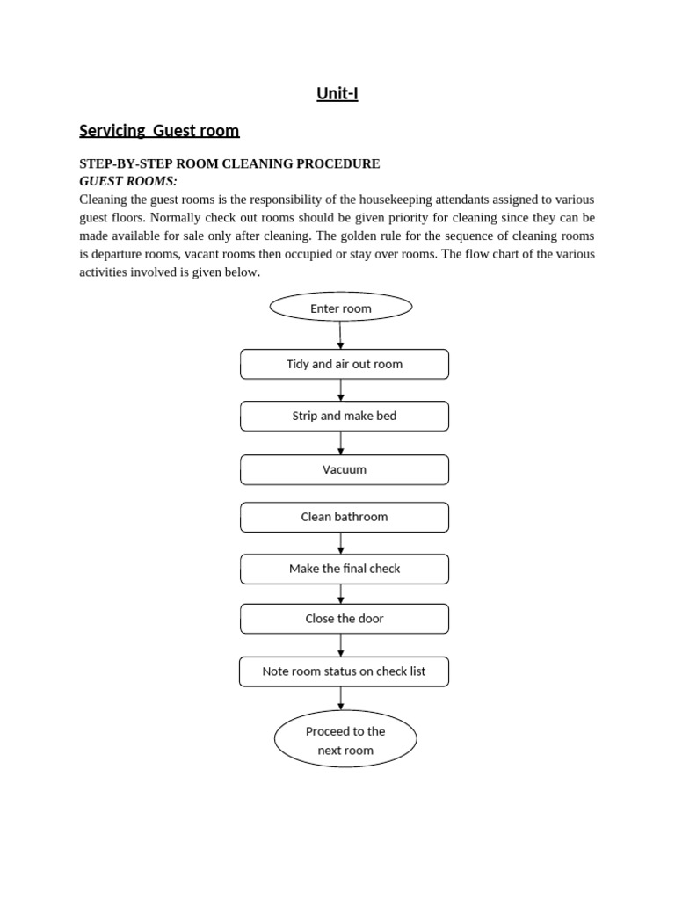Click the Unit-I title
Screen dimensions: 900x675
(x=337, y=93)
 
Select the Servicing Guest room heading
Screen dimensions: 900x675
(x=159, y=131)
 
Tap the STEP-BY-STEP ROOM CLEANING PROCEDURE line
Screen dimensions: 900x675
(x=229, y=163)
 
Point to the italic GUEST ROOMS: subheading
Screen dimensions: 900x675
(x=128, y=181)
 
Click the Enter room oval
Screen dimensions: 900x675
(x=341, y=308)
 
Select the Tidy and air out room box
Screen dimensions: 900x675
(x=345, y=364)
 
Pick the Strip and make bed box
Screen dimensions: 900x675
(x=345, y=416)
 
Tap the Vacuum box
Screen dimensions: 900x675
(x=345, y=469)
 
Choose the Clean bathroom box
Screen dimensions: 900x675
(x=345, y=517)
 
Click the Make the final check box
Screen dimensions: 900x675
(x=345, y=569)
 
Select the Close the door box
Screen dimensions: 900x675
(x=345, y=619)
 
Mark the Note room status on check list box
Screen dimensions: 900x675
(x=344, y=671)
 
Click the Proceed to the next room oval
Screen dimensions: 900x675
(x=345, y=741)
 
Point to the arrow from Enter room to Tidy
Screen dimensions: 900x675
(x=341, y=336)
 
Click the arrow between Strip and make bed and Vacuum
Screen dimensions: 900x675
(x=341, y=443)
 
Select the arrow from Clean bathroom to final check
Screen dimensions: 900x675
(x=341, y=543)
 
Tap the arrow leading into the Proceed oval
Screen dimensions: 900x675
(x=341, y=699)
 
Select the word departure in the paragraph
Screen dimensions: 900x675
(x=120, y=254)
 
